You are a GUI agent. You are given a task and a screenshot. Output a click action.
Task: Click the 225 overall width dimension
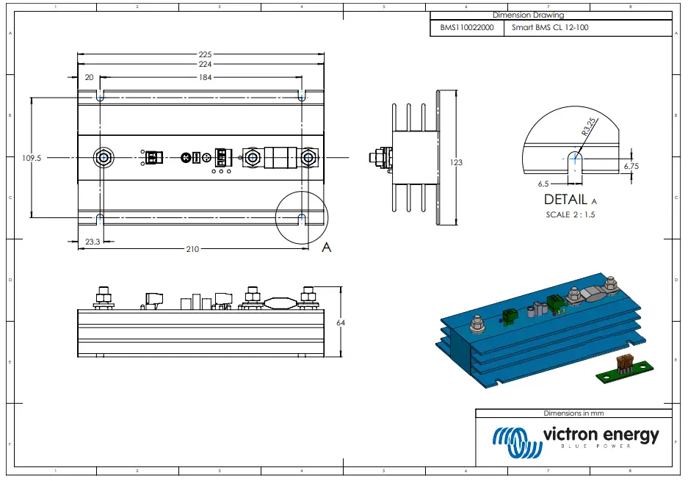(206, 54)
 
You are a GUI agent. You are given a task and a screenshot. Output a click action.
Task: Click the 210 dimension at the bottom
(192, 249)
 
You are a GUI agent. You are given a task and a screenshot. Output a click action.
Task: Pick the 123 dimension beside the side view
(456, 162)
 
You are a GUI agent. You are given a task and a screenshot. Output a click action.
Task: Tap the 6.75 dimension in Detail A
(631, 167)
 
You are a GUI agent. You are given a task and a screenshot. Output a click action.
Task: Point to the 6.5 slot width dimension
(544, 183)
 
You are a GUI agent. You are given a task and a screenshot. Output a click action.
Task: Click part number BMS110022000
(466, 28)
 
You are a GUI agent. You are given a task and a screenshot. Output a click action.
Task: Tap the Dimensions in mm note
(573, 413)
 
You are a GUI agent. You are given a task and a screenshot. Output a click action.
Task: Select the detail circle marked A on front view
(302, 217)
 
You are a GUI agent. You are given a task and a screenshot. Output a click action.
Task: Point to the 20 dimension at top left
(89, 77)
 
